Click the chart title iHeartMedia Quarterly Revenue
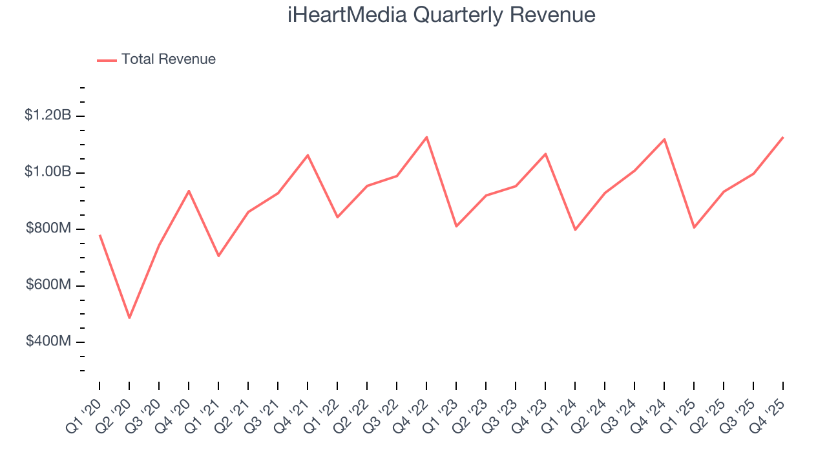[441, 15]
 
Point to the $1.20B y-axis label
[48, 116]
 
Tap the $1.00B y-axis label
[48, 172]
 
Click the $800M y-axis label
[48, 229]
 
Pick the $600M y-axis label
[48, 285]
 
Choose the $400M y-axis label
[48, 341]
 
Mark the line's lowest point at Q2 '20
[129, 318]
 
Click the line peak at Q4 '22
[426, 137]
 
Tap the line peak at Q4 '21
[308, 155]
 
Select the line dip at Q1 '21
[218, 256]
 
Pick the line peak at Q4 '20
[189, 191]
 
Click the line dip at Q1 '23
[456, 226]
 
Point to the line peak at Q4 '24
[664, 139]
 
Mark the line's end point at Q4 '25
[783, 137]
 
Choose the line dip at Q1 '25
[694, 227]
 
